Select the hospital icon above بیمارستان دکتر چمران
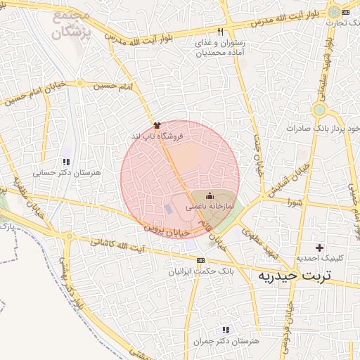click(226, 329)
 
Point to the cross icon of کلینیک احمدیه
click(320, 247)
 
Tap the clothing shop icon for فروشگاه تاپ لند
click(156, 124)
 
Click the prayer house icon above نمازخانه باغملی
click(209, 196)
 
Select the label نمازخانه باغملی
click(210, 207)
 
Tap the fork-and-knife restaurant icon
click(221, 32)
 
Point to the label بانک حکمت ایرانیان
click(201, 270)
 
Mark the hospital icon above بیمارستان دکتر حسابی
click(67, 151)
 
